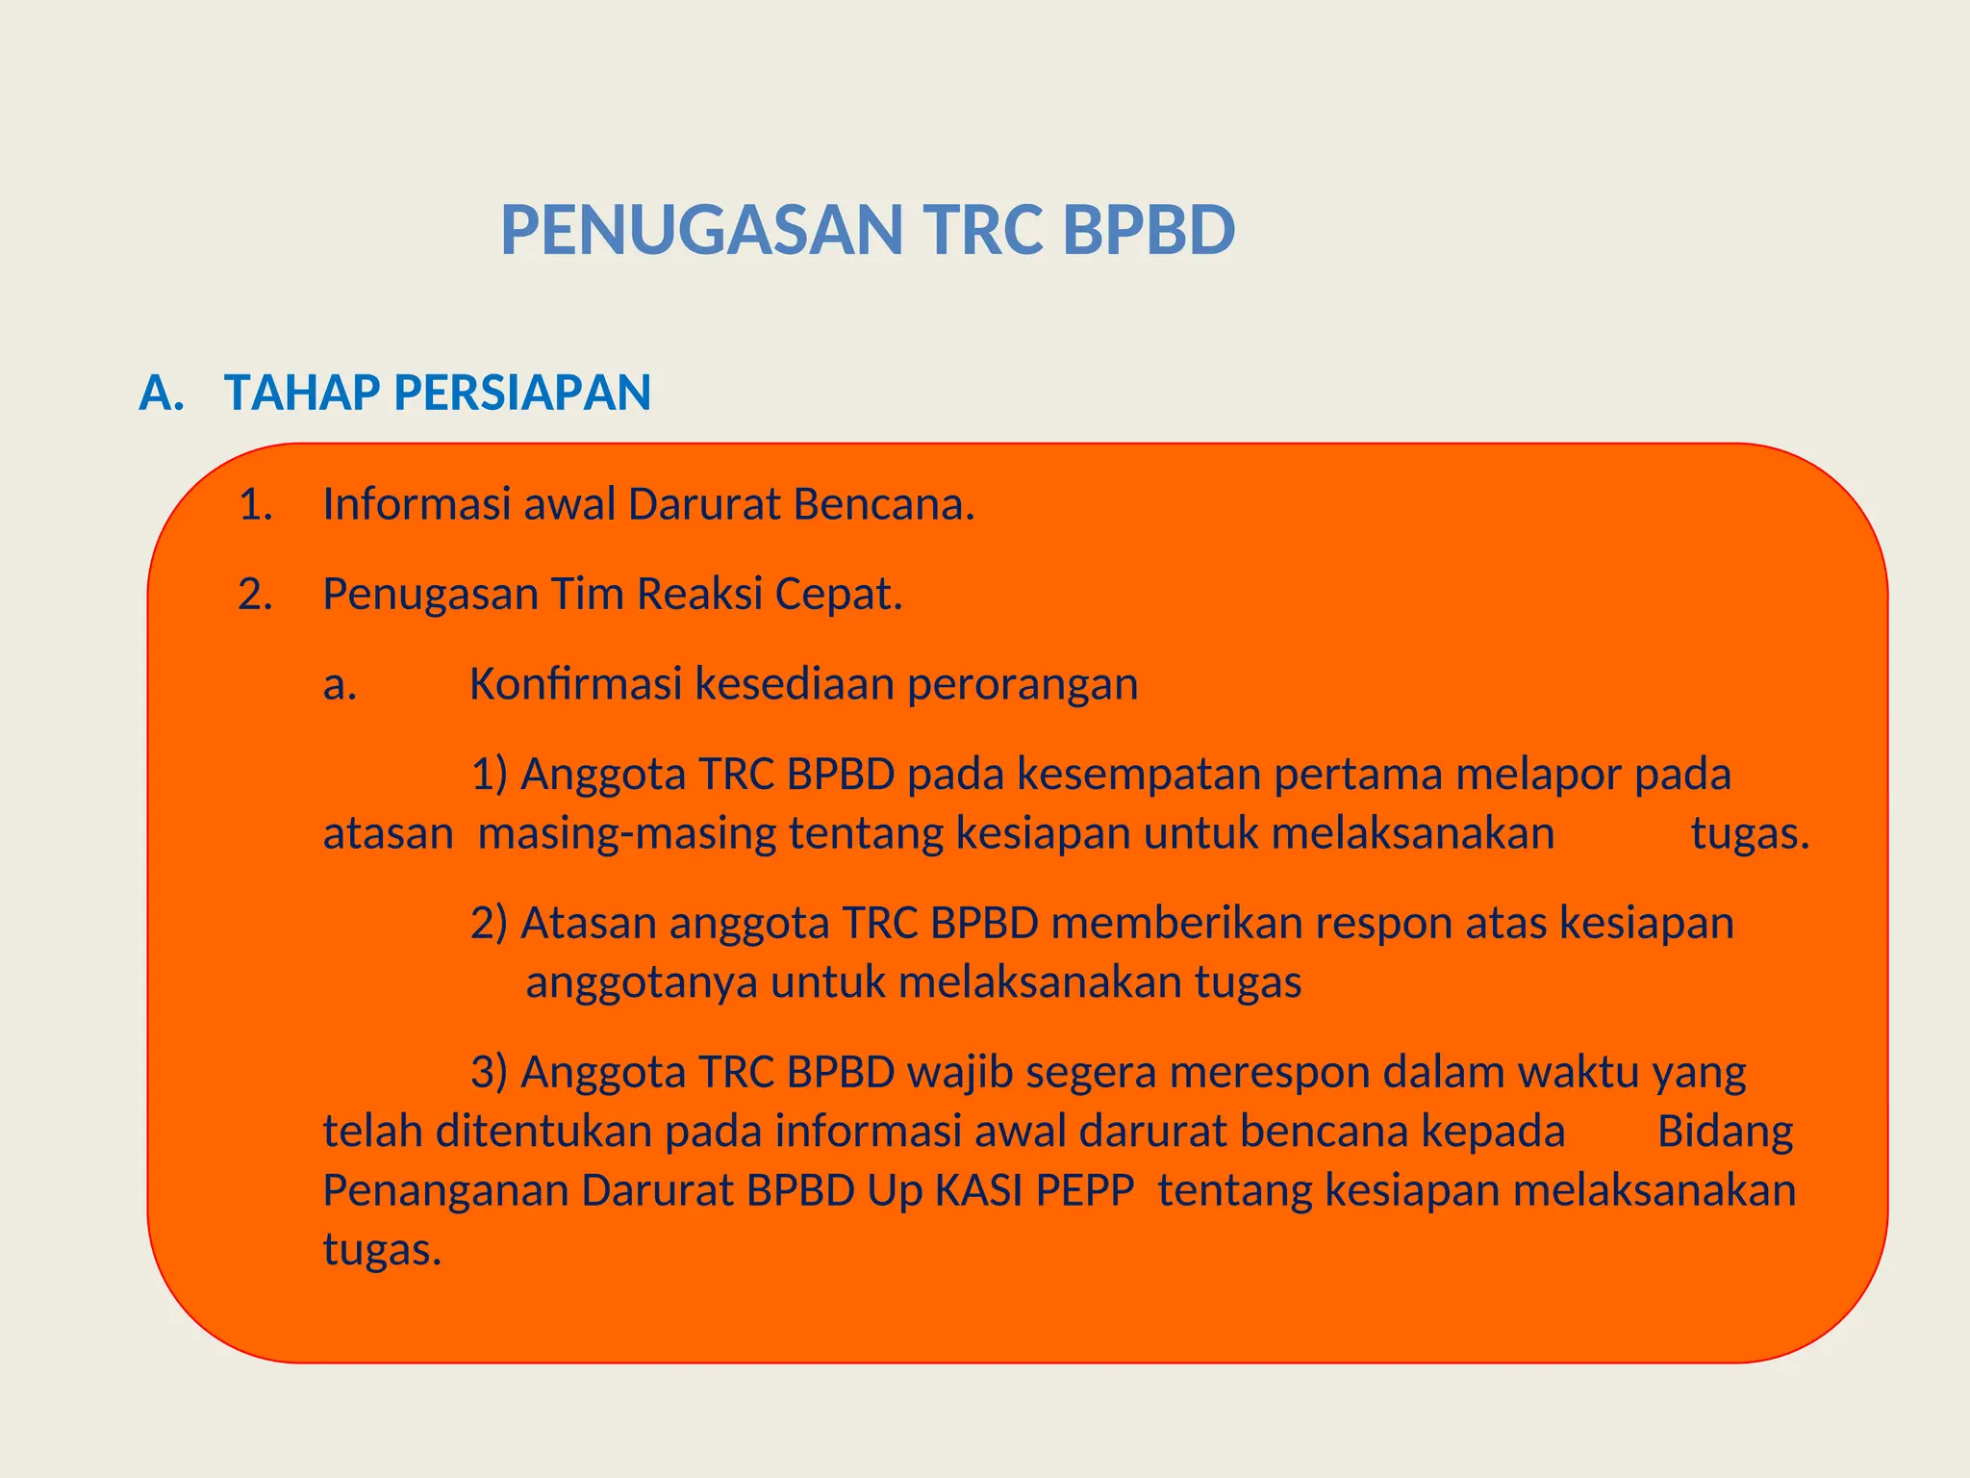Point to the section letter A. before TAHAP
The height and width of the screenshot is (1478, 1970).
tap(161, 393)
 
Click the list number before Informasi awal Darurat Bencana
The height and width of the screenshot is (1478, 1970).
tap(255, 504)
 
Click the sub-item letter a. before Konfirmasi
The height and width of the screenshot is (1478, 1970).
tap(340, 684)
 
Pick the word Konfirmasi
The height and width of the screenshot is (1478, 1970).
tap(575, 684)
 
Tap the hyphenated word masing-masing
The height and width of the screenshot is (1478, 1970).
tap(627, 834)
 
